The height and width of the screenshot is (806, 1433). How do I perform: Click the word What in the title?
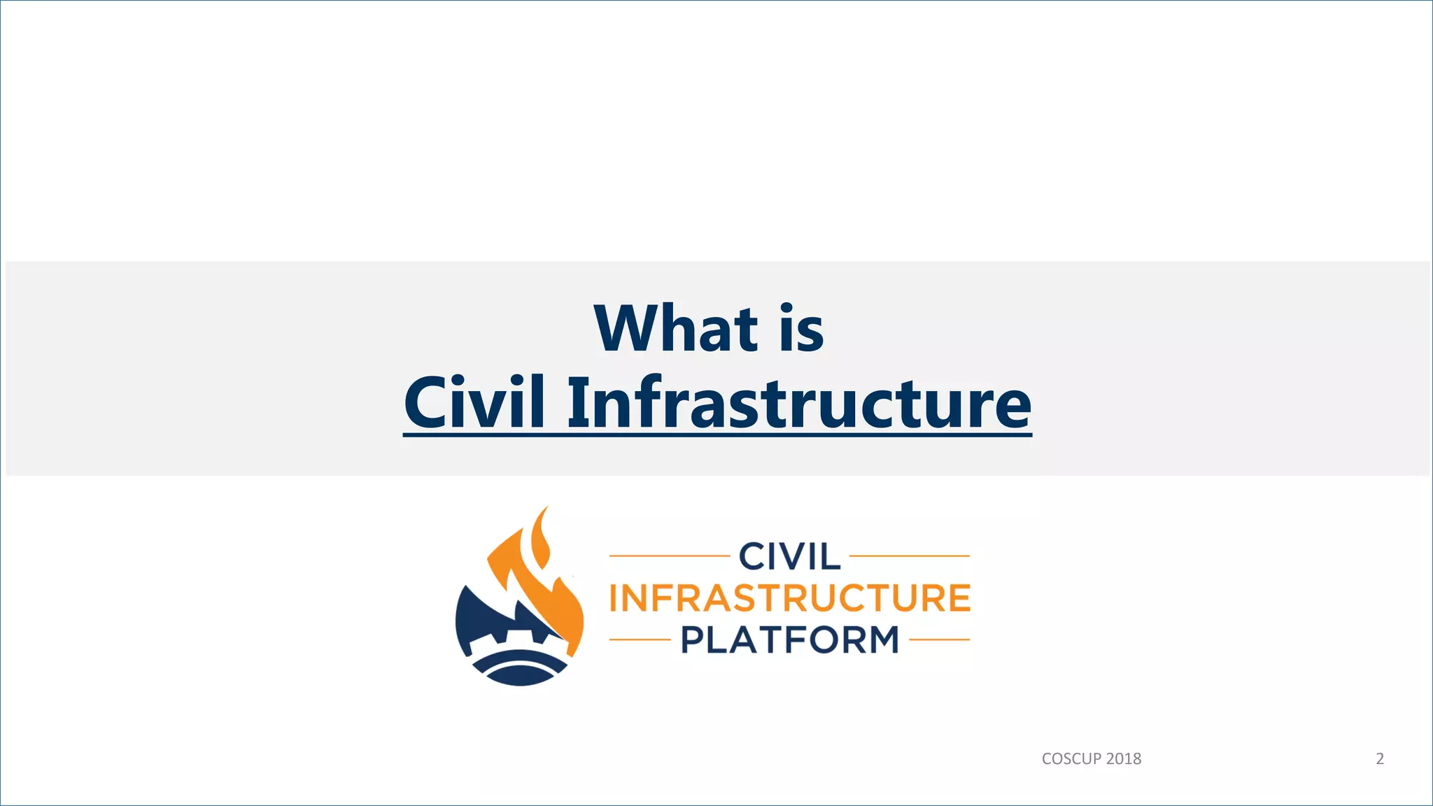[x=676, y=329]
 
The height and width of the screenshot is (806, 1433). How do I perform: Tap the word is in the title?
[x=802, y=329]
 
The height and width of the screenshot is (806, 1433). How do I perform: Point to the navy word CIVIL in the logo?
[x=789, y=557]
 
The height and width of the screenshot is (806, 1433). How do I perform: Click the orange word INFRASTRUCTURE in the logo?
[x=789, y=598]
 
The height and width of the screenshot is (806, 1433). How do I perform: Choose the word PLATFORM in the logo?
[x=789, y=639]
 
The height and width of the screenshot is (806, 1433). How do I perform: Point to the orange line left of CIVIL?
[x=669, y=556]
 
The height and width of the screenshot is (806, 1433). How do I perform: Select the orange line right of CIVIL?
[x=910, y=556]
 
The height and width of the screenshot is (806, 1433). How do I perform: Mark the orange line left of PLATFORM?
[x=640, y=639]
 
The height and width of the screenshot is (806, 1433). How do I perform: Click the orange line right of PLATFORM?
[x=939, y=639]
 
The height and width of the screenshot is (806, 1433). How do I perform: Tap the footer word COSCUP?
[x=1071, y=759]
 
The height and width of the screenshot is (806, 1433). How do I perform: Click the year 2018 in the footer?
[x=1124, y=759]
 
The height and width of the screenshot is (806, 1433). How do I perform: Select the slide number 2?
[x=1380, y=759]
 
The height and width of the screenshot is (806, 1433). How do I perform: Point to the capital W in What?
[x=624, y=329]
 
